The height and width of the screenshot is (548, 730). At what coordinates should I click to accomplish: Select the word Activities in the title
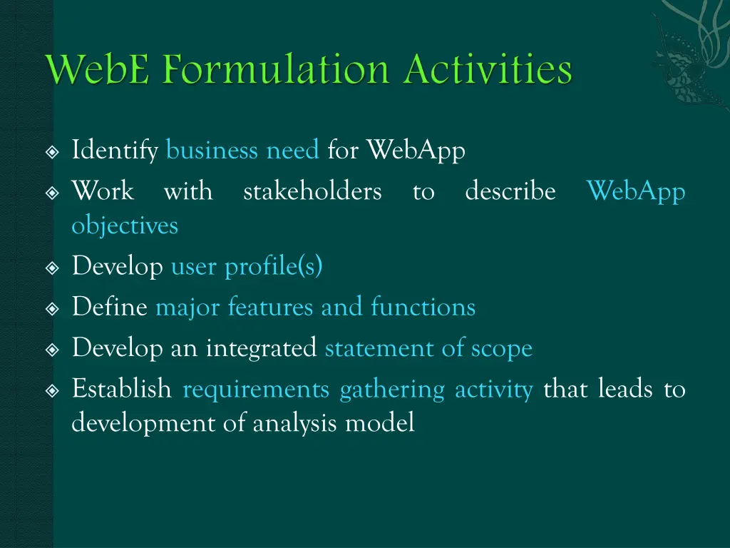tap(490, 71)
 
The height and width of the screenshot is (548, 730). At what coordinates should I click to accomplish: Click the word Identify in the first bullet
tap(115, 151)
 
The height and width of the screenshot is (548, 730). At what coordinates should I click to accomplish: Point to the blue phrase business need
tap(242, 151)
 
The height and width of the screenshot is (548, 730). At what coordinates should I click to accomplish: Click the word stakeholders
tap(312, 191)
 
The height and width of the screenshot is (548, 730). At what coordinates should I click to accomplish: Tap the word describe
tap(510, 191)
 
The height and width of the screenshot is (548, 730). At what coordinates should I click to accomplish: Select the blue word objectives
tap(125, 226)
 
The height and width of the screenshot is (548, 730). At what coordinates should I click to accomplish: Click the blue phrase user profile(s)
tap(247, 267)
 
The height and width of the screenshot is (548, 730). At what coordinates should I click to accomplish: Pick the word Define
tap(110, 308)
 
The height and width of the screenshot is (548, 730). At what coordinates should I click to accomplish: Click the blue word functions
tap(423, 308)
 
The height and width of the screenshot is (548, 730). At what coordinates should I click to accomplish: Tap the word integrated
tap(261, 348)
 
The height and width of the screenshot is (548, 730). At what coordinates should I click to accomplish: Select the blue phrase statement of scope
tap(428, 348)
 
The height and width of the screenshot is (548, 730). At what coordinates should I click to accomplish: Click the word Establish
tap(122, 390)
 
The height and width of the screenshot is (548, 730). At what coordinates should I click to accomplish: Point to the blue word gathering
tap(392, 390)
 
